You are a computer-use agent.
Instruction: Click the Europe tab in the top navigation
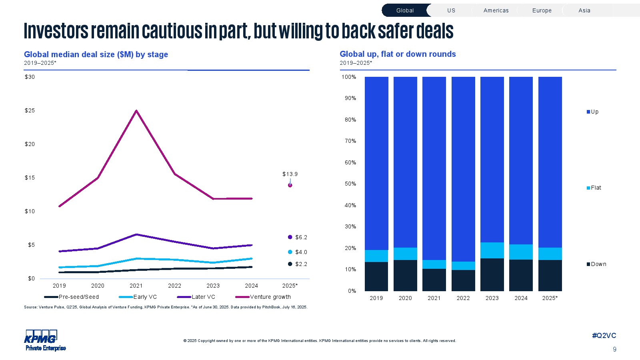[542, 10]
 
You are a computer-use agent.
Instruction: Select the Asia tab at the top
[584, 10]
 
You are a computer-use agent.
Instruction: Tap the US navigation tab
[451, 10]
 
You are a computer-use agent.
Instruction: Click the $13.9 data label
[290, 174]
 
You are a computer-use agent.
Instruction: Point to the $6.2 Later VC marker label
[301, 237]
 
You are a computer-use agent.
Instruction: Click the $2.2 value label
[301, 264]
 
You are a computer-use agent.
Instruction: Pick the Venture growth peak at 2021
[136, 111]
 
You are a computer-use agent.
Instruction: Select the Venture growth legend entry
[270, 297]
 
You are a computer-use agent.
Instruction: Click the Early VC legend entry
[145, 297]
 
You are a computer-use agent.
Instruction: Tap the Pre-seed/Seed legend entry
[78, 297]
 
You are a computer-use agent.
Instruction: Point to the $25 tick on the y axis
[30, 110]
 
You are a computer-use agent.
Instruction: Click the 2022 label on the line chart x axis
[174, 286]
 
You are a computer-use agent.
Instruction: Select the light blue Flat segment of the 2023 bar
[492, 250]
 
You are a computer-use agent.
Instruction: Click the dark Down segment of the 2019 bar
[376, 276]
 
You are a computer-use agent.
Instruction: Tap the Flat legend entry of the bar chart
[596, 188]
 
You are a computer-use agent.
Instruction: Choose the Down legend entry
[598, 264]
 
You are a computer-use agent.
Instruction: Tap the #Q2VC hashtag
[604, 336]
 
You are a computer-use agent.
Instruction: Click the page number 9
[614, 349]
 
